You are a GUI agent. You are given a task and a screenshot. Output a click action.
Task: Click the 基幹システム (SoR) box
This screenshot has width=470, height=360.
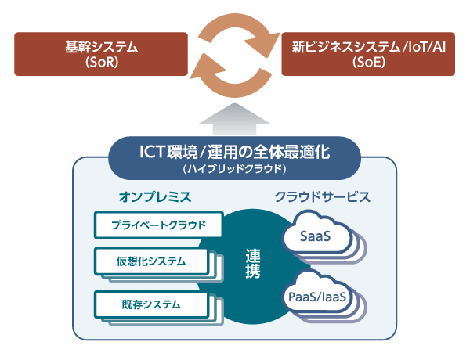coord(102,54)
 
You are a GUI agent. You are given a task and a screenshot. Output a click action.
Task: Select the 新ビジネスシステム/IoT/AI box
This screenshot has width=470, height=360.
coord(368,54)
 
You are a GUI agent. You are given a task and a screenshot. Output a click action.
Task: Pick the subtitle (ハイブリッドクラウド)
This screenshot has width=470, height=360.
coord(234,168)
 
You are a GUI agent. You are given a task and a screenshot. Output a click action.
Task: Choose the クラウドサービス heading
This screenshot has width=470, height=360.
coord(322,196)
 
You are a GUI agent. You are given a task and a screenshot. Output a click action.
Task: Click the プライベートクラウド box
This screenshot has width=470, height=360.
coord(157,225)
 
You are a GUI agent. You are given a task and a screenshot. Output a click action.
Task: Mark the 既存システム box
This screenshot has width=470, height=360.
coord(153,304)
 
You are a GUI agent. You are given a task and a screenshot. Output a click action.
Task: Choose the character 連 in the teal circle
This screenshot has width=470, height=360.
coord(253,255)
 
